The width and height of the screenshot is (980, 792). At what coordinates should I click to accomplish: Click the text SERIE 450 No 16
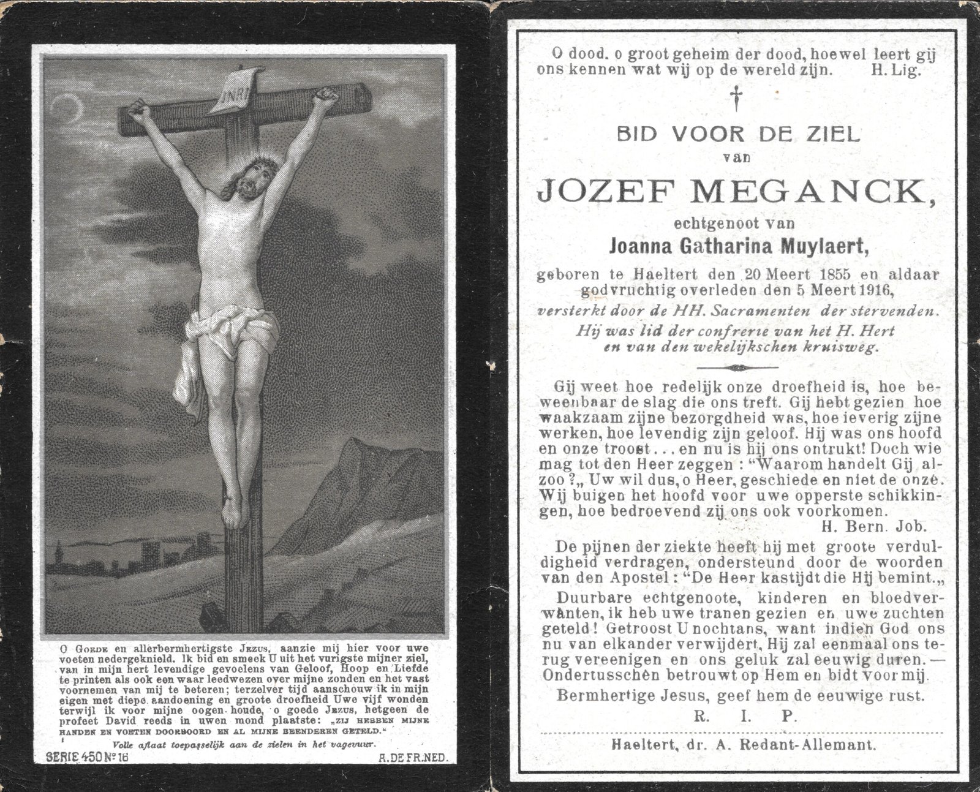81,757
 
